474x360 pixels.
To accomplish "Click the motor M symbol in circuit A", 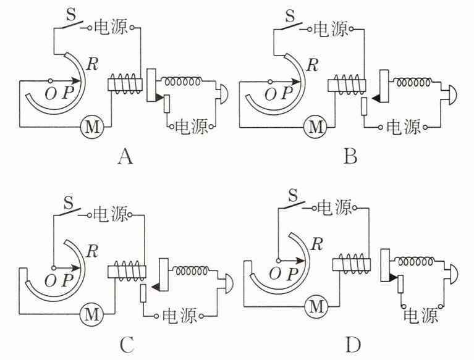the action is [92, 127].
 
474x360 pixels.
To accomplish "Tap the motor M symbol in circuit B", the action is [316, 127].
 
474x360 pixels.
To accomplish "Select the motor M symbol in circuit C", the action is [91, 314].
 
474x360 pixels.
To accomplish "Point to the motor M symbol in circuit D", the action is [316, 307].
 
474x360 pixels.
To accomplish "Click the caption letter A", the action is [125, 157].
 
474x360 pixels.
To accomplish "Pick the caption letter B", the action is [350, 157].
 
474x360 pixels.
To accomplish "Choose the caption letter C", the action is [127, 345].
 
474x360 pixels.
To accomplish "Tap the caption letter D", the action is [353, 345].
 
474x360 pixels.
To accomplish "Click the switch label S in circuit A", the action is [70, 14].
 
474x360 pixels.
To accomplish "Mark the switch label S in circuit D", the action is [293, 195].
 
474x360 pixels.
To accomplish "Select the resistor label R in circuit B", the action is [313, 65].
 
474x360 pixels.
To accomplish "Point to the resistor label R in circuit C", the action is [92, 251].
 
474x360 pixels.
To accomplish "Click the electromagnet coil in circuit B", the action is [347, 84].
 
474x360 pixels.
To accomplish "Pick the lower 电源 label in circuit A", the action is [192, 126].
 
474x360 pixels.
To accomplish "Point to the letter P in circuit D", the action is [292, 274].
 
